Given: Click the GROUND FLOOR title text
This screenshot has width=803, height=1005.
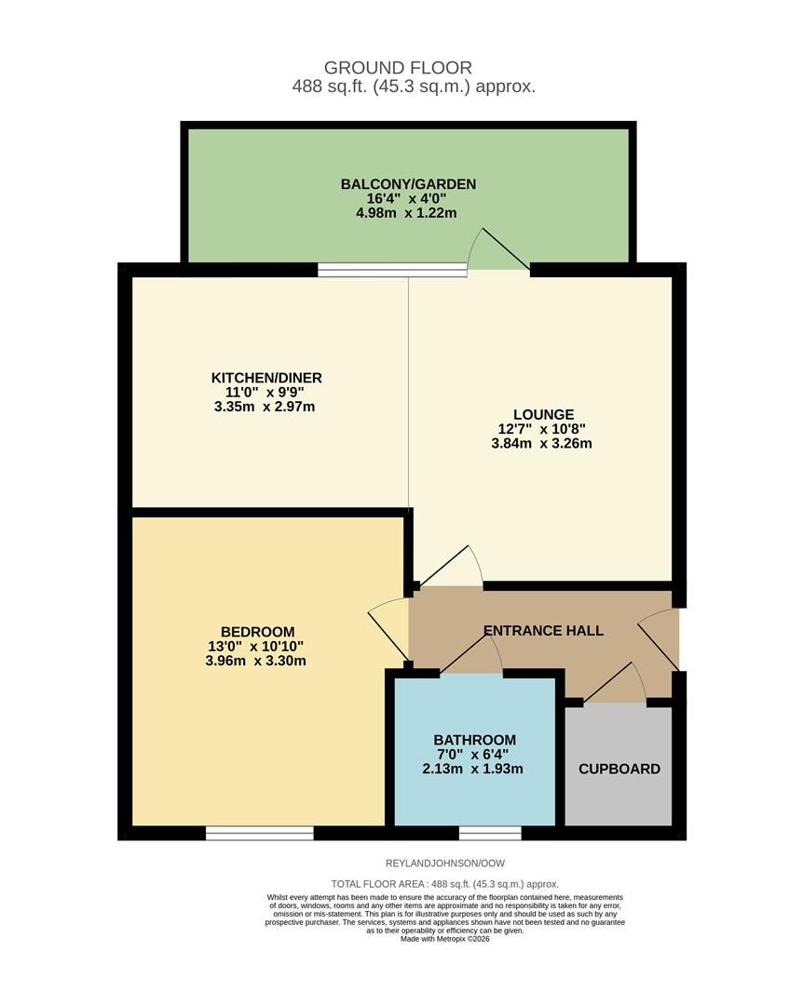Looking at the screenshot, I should click(398, 67).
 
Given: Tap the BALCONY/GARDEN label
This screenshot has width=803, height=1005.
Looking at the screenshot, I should click(408, 184).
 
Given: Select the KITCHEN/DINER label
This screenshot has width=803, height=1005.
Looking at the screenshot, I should click(266, 377).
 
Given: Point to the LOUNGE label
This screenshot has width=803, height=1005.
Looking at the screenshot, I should click(543, 414).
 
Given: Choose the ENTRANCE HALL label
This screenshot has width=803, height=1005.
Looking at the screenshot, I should click(543, 631).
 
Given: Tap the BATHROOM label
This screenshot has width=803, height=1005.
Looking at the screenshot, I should click(474, 740).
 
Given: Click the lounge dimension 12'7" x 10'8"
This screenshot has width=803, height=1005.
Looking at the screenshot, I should click(542, 429).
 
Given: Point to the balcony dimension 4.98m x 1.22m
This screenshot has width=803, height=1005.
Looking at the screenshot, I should click(408, 213).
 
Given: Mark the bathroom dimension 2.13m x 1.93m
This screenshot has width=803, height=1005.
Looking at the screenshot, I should click(474, 770).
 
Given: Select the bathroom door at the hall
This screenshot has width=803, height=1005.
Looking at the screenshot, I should click(471, 659).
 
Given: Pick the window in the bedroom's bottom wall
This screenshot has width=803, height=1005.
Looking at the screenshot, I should click(260, 833).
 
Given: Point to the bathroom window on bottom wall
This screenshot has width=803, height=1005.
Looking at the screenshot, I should click(490, 833).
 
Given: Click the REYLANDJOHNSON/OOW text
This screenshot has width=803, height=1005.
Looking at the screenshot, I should click(444, 864).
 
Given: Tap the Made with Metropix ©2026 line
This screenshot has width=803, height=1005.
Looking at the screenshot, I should click(444, 939).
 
